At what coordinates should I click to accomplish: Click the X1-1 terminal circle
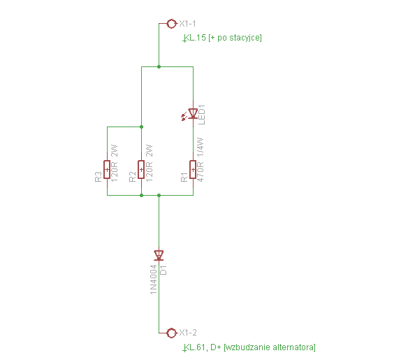point(171,24)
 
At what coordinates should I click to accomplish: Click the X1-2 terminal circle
point(171,333)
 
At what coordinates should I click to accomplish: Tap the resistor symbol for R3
point(107,170)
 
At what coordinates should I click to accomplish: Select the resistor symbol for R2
point(141,170)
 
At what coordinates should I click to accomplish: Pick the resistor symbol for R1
point(194,170)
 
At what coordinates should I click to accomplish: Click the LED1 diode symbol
point(191,114)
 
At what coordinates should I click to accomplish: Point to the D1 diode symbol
point(159,255)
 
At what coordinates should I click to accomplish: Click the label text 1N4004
point(154,279)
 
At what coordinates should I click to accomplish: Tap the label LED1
point(202,115)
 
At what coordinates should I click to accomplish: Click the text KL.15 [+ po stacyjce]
point(222,38)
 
